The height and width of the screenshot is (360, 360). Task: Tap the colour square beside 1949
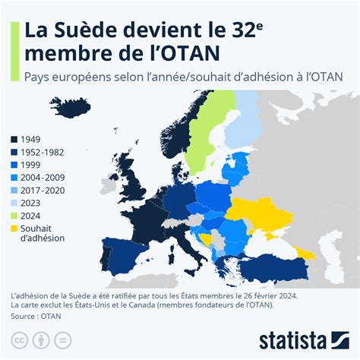(14, 140)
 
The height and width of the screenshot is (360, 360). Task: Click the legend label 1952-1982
(44, 152)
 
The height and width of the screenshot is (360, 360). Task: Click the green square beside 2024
(14, 213)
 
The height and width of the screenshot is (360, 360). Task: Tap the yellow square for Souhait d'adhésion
(14, 226)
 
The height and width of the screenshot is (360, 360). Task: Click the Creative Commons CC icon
(18, 338)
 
